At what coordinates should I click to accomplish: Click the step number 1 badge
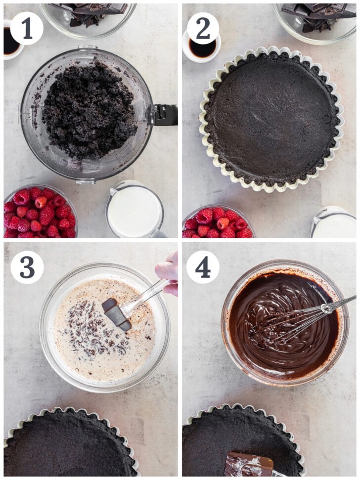tap(27, 28)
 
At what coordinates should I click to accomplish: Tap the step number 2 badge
tap(203, 28)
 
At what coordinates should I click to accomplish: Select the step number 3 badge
tap(27, 267)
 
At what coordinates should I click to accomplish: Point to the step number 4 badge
tap(203, 267)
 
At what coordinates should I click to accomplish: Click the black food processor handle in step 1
tap(165, 115)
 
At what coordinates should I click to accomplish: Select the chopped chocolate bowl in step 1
tap(89, 15)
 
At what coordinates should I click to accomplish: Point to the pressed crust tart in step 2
tap(271, 119)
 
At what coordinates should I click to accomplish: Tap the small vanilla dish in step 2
tap(203, 48)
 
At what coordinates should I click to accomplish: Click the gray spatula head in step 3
tap(117, 312)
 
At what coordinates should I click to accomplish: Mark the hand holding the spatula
tap(168, 272)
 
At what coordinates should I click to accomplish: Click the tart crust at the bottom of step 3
tap(69, 445)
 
